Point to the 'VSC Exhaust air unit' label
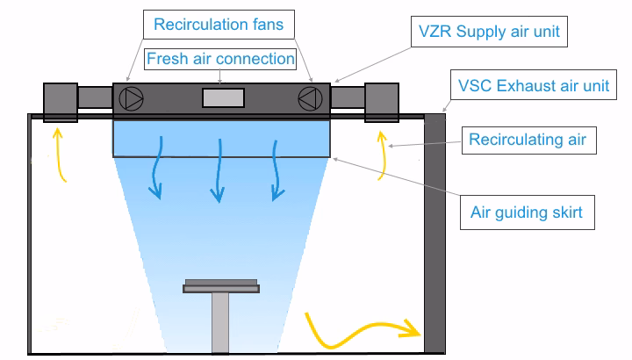[x=533, y=86]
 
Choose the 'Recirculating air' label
[x=527, y=139]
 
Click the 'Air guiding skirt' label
[x=526, y=211]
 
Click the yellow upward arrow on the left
[x=61, y=155]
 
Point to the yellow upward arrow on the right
[x=382, y=155]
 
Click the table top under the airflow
[x=220, y=286]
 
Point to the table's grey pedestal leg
[x=220, y=320]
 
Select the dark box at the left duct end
[x=61, y=100]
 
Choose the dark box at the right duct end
[x=383, y=100]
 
